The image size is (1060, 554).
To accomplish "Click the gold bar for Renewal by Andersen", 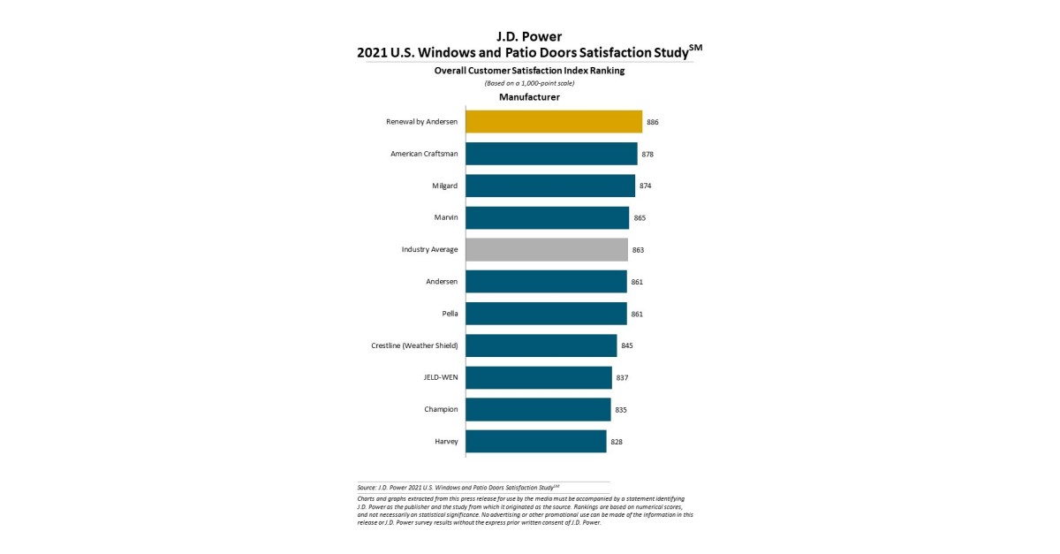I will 554,122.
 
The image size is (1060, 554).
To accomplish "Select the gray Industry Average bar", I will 547,250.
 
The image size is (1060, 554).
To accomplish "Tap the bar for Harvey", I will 536,441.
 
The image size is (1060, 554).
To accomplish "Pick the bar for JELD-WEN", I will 539,377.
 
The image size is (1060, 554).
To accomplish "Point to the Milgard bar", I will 550,186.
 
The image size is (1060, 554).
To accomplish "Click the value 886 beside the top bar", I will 653,122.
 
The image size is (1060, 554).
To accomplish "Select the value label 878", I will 647,154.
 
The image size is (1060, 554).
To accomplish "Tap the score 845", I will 627,345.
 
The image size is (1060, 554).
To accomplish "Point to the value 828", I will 617,441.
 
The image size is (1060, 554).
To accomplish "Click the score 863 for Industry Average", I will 638,250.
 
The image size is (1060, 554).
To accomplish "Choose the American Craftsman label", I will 424,154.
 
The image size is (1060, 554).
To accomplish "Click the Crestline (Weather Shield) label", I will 415,345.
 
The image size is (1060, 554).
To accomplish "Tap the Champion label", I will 441,409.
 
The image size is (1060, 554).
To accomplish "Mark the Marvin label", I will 445,217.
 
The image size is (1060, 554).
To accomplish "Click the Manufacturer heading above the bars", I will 529,97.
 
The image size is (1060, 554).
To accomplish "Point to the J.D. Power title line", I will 530,36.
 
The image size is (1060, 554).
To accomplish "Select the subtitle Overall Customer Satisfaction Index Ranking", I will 529,71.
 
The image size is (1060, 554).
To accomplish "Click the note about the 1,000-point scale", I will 529,83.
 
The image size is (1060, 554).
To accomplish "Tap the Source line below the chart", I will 458,487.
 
